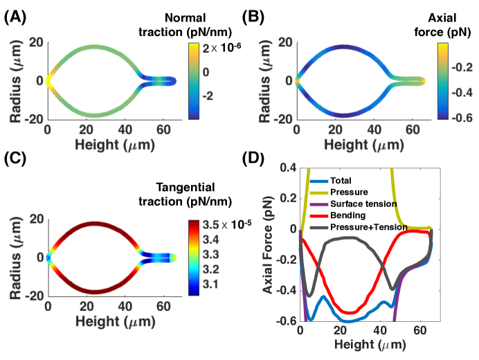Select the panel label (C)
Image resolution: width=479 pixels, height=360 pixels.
coord(15,182)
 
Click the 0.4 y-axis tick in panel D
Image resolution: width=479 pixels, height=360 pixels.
coord(287,169)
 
